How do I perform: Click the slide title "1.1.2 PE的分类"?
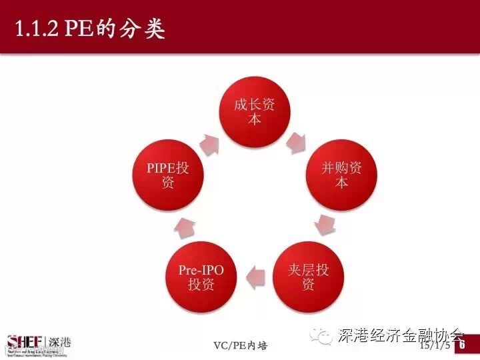[90, 29]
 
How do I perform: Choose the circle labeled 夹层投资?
[308, 277]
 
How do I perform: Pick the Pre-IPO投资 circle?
[201, 277]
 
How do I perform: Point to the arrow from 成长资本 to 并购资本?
[295, 141]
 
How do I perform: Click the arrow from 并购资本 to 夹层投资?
[325, 224]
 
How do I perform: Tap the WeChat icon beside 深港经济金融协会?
[324, 335]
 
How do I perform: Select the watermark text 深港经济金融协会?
[400, 335]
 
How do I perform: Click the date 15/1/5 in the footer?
[433, 347]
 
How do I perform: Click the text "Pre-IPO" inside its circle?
[201, 270]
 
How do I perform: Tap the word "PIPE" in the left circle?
[160, 168]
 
